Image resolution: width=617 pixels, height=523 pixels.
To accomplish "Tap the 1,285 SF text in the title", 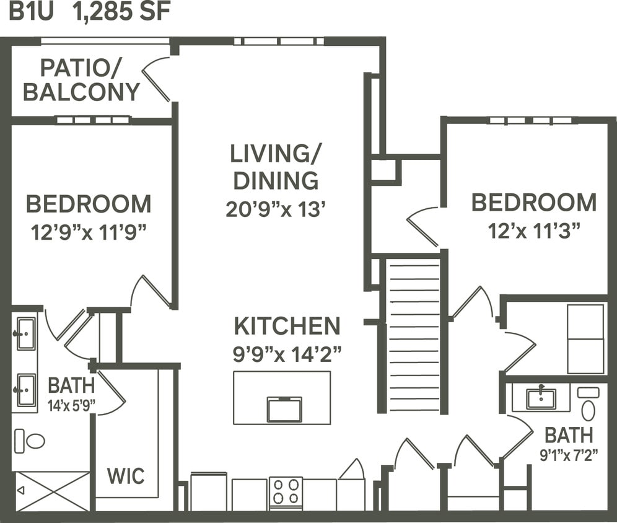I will click(x=121, y=13).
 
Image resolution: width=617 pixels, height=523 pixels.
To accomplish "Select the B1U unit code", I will click(x=32, y=13).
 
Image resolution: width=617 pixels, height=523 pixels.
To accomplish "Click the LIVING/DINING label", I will click(x=276, y=167).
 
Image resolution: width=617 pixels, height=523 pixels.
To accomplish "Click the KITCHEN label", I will click(x=287, y=326).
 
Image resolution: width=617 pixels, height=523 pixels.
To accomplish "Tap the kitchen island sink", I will click(x=284, y=409).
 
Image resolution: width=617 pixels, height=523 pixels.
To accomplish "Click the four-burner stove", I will click(x=286, y=492).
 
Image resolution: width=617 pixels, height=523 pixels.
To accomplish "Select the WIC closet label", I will click(x=126, y=477).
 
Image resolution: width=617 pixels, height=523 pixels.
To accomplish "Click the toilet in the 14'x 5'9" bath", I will click(x=30, y=440).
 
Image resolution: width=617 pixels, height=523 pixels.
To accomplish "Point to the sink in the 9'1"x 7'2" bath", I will click(x=541, y=398).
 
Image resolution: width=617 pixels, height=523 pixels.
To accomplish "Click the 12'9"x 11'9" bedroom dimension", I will click(x=89, y=233).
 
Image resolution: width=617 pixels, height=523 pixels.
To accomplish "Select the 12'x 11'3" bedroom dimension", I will click(x=534, y=231).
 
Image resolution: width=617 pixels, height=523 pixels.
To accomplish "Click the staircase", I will click(x=413, y=335).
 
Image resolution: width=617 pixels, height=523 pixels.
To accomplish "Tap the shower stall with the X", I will click(x=52, y=491).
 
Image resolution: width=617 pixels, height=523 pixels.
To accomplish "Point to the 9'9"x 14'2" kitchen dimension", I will click(x=287, y=354).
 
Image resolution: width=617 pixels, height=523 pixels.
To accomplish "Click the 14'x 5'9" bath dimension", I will click(x=72, y=406).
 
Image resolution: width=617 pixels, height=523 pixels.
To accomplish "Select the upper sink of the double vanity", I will click(x=26, y=333).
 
